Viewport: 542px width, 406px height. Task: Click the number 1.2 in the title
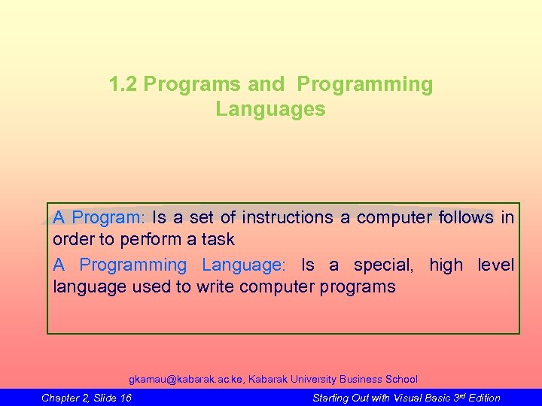pyautogui.click(x=123, y=85)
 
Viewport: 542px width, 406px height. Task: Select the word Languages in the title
pyautogui.click(x=270, y=110)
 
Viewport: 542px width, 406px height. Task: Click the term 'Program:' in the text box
pyautogui.click(x=108, y=218)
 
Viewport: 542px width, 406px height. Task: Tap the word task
pyautogui.click(x=217, y=240)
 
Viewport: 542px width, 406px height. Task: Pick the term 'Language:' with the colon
pyautogui.click(x=244, y=265)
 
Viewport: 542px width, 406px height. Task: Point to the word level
pyautogui.click(x=496, y=265)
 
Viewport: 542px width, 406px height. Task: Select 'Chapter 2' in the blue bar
pyautogui.click(x=65, y=398)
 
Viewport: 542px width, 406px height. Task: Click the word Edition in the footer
pyautogui.click(x=483, y=398)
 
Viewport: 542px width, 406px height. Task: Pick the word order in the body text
pyautogui.click(x=70, y=240)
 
